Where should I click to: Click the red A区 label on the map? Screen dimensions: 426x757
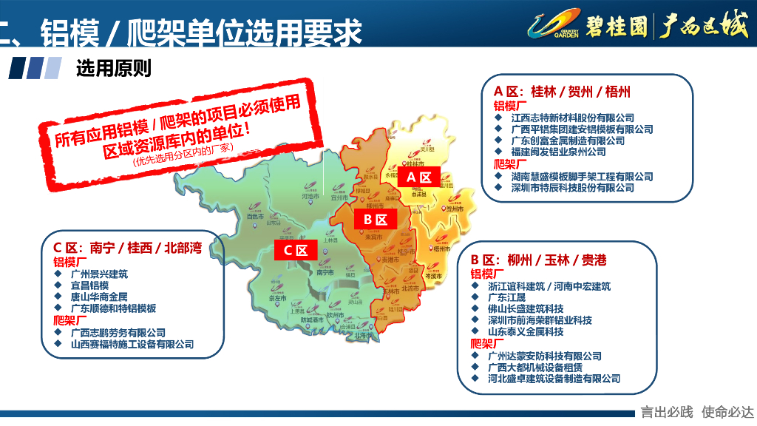pos(419,177)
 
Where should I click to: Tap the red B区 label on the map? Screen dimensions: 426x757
pos(376,219)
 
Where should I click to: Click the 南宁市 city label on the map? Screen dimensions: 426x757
pos(325,273)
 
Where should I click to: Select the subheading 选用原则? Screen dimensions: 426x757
pos(113,68)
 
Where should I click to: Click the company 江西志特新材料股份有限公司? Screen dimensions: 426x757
pos(573,118)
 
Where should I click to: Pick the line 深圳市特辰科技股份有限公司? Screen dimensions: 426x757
pos(573,188)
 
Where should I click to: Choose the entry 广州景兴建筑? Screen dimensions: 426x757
pos(99,274)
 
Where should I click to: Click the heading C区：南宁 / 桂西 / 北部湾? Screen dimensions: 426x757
pos(127,247)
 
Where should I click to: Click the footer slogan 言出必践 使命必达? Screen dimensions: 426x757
pos(696,412)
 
